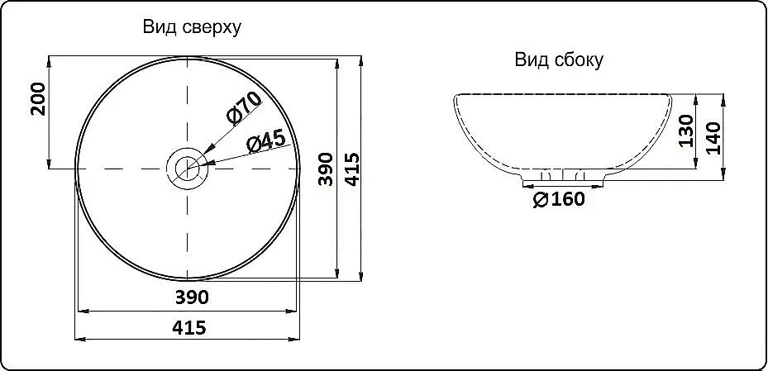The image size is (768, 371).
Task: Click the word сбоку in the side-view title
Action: click(x=577, y=59)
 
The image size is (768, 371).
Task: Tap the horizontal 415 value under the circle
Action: click(x=189, y=327)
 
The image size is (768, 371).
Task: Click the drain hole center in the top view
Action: click(x=188, y=169)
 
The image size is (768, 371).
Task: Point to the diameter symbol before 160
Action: click(x=540, y=200)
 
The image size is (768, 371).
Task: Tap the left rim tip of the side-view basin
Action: click(x=455, y=98)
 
